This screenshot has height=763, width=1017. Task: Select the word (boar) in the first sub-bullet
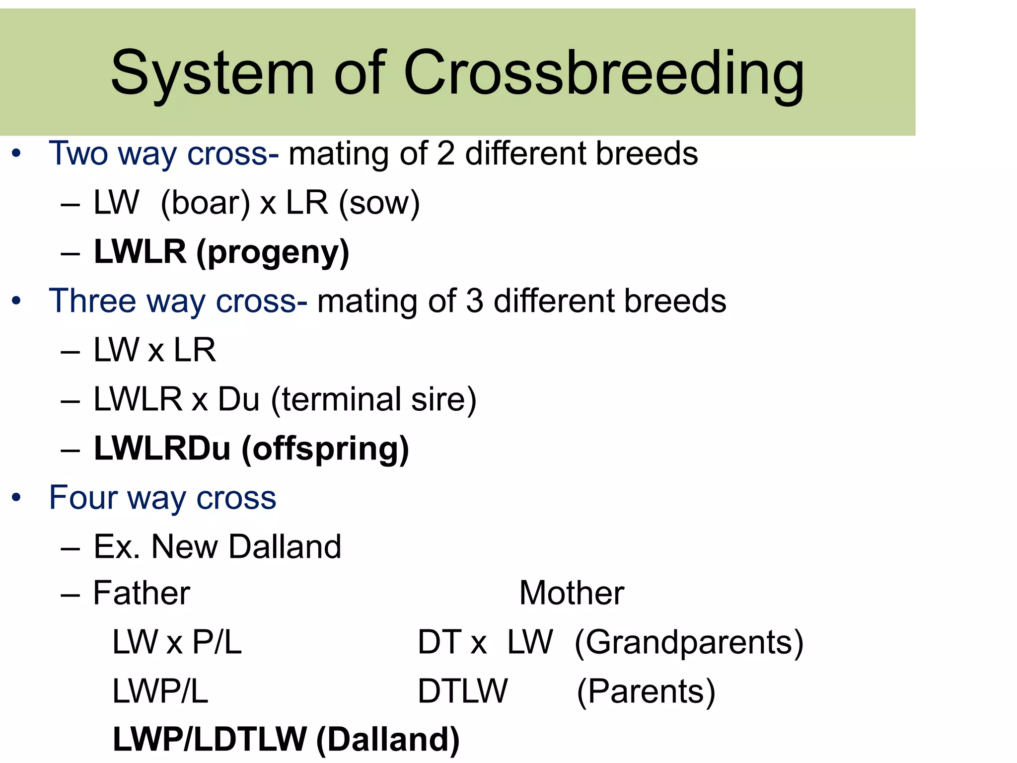[x=206, y=203]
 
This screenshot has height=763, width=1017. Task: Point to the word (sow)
[x=379, y=203]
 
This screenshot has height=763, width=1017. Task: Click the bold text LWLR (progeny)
[x=221, y=252]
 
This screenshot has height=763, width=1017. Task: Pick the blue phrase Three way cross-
[x=178, y=302]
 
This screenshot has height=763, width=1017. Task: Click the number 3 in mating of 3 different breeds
[x=475, y=302]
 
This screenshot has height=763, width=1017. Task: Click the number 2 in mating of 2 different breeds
[x=446, y=153]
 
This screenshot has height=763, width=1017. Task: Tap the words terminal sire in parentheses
[x=373, y=400]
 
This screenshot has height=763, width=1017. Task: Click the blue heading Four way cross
[x=162, y=498]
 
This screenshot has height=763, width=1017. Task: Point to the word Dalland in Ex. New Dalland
[x=285, y=547]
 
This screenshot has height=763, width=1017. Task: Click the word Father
[x=142, y=593]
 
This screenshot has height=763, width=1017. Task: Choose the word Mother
[x=572, y=593]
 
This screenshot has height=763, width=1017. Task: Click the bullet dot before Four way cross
[x=16, y=498]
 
